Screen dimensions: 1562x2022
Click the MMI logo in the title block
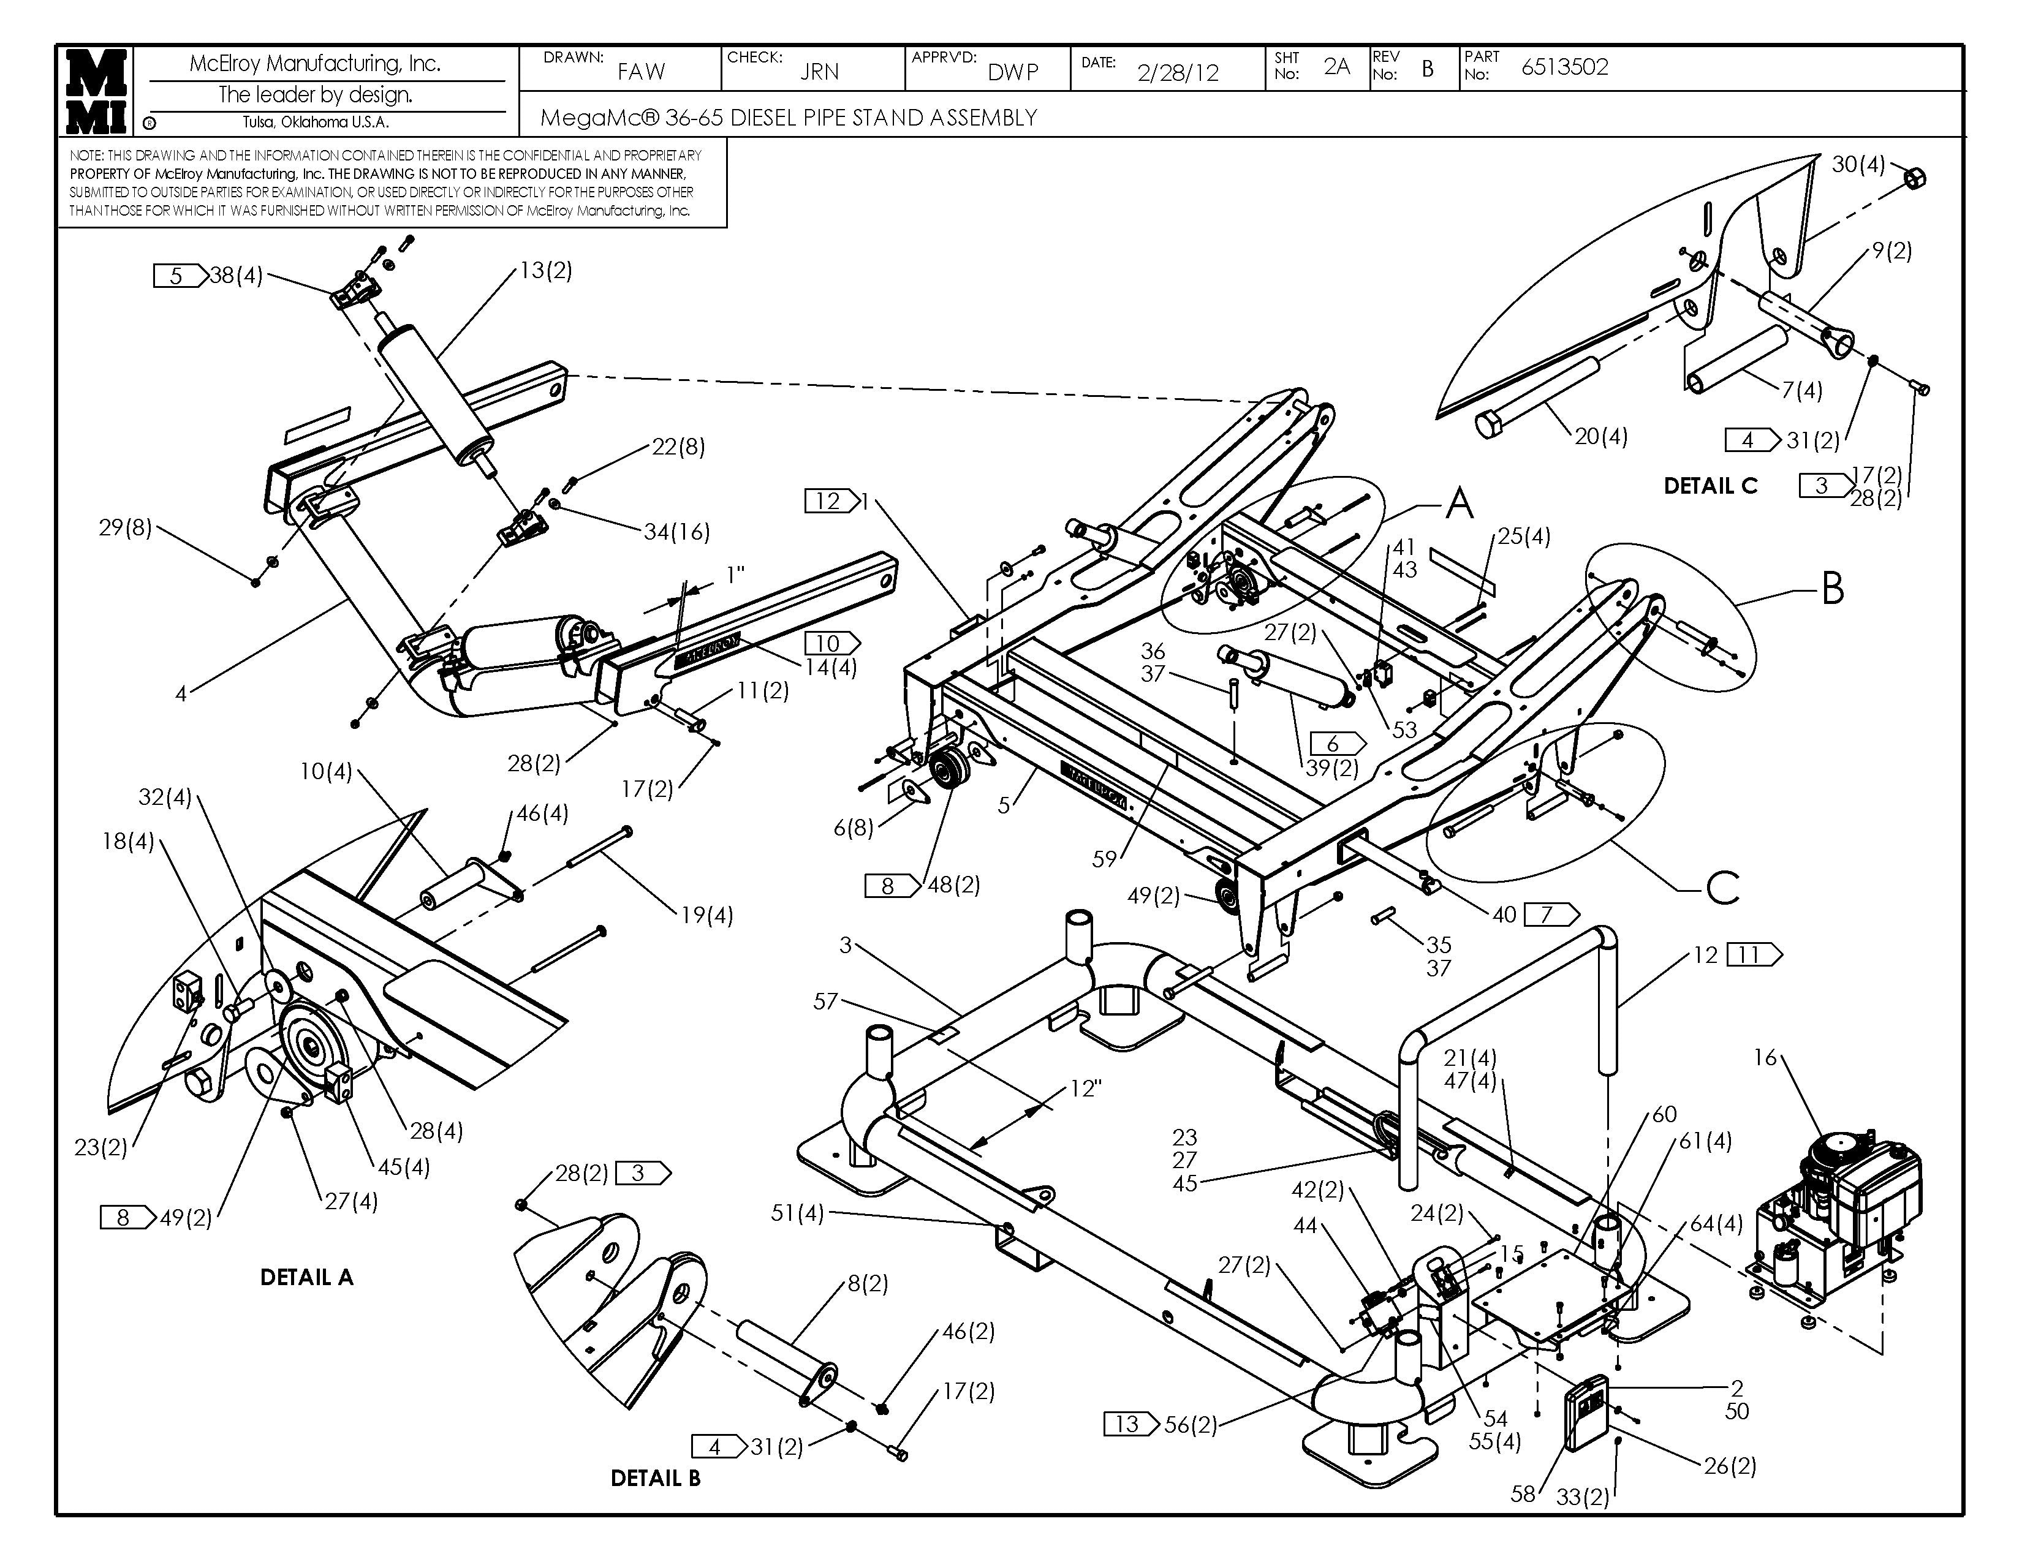(96, 91)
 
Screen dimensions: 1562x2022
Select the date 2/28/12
(1178, 73)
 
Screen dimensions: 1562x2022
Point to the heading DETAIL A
(306, 1277)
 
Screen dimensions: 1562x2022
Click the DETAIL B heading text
(656, 1478)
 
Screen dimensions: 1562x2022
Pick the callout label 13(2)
(545, 270)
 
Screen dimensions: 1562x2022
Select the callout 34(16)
(677, 532)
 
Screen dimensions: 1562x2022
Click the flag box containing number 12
(828, 502)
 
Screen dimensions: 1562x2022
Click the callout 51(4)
(797, 1212)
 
